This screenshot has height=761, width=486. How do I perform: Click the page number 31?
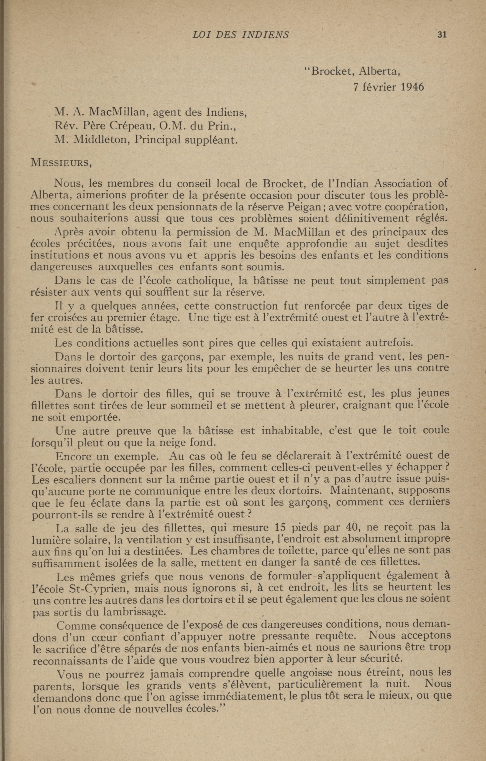tap(442, 35)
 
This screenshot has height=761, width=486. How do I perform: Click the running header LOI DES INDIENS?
tap(240, 35)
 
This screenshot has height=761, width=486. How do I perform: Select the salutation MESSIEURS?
tap(61, 163)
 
